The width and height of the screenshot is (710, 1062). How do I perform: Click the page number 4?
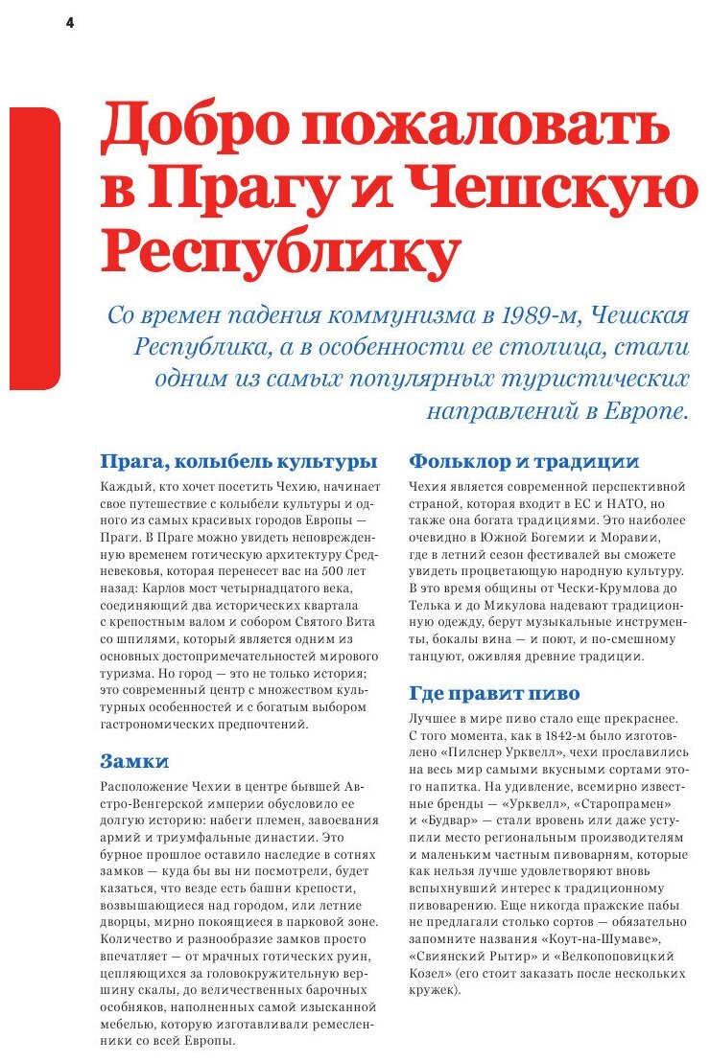[x=69, y=23]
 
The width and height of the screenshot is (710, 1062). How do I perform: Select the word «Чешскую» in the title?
[x=589, y=190]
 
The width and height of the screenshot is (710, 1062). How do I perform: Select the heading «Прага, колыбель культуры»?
[x=238, y=461]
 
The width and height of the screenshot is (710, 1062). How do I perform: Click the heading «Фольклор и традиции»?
[x=524, y=461]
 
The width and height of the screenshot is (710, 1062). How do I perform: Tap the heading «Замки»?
[x=134, y=761]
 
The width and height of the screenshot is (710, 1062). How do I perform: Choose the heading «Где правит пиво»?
[x=494, y=693]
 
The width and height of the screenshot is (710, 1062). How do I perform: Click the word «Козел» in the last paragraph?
[x=429, y=973]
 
